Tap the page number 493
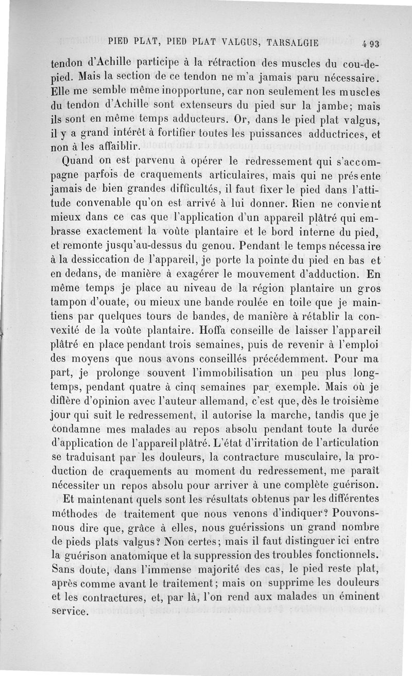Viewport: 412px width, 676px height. pos(370,43)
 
